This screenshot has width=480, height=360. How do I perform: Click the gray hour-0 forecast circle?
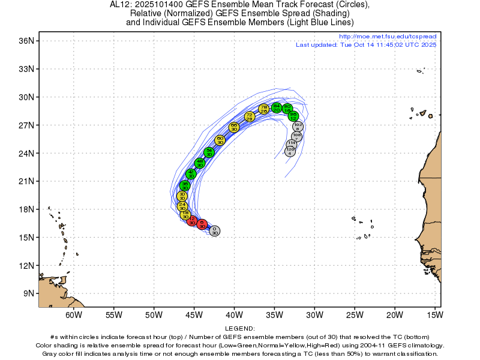click(x=214, y=231)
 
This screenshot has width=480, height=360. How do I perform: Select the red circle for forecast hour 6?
click(x=202, y=224)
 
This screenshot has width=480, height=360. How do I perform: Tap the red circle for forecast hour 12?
click(x=192, y=221)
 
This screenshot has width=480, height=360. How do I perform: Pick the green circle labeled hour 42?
click(x=191, y=174)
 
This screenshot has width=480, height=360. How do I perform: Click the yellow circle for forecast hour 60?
click(x=220, y=140)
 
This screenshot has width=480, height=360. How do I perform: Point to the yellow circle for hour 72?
click(x=250, y=116)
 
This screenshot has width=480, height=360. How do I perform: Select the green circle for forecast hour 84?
click(x=276, y=107)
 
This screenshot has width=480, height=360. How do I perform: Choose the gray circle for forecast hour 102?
click(x=298, y=127)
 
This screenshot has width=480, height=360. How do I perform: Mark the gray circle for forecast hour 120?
click(x=290, y=151)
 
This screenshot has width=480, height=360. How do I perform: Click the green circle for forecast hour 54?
click(x=209, y=152)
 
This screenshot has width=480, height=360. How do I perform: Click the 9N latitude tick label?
click(x=28, y=293)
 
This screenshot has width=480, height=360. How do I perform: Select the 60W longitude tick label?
click(x=74, y=315)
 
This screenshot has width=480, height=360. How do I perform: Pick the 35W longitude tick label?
click(x=274, y=315)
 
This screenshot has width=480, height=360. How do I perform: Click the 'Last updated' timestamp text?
click(x=366, y=45)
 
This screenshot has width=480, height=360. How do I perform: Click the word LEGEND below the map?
click(x=240, y=329)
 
